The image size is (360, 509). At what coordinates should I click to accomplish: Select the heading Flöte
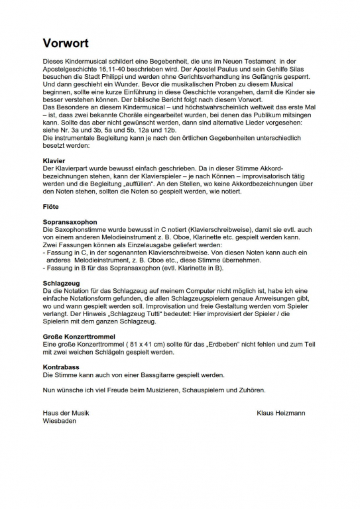(50, 207)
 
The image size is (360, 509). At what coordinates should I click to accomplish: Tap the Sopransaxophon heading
(70, 222)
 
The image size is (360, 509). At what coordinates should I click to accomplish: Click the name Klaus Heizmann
(280, 413)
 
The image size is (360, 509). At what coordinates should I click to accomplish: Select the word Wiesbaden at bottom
(59, 421)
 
